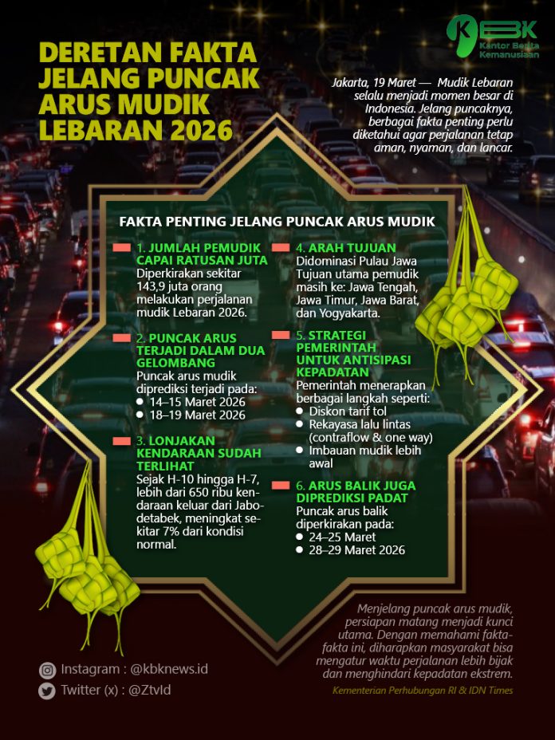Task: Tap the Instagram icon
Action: point(47,670)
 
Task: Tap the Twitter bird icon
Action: point(47,691)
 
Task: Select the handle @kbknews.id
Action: point(168,669)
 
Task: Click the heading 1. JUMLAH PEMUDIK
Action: point(192,248)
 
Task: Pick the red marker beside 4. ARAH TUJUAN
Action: point(281,248)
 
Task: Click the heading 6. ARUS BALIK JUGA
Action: point(356,486)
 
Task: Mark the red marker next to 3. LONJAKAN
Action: point(121,441)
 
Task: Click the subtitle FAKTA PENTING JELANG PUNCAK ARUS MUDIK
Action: point(277,221)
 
